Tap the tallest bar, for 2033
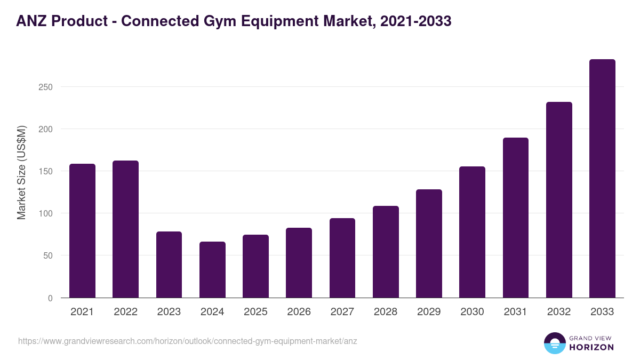point(602,179)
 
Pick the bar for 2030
point(472,233)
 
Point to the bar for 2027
point(342,258)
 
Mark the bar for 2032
point(559,200)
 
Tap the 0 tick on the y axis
point(50,298)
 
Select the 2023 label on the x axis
point(169,312)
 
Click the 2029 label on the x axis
point(429,312)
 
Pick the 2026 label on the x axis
point(299,312)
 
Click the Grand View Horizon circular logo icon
point(555,343)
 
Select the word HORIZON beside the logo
point(591,347)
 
